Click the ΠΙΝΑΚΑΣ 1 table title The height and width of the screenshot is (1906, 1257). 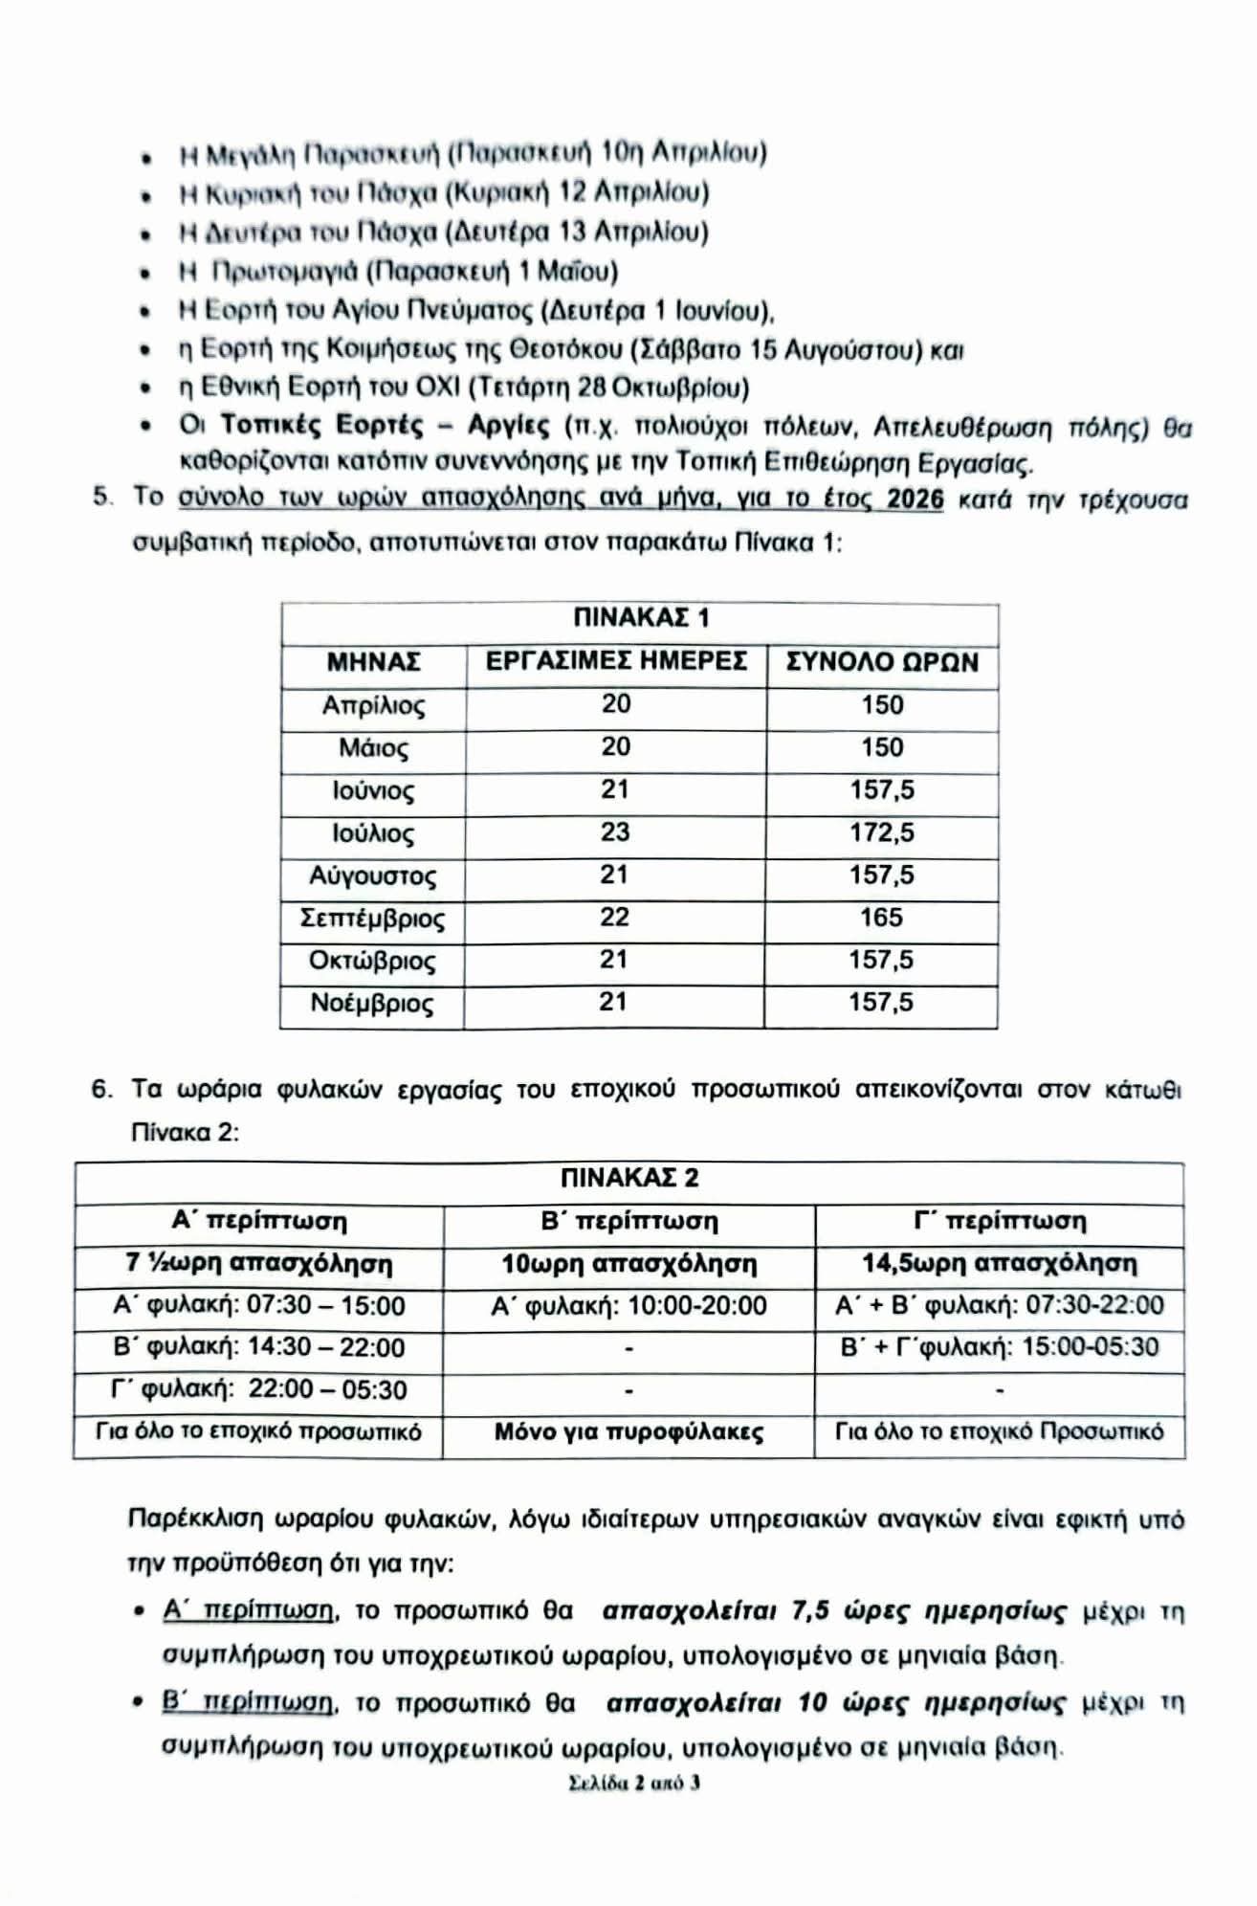[x=640, y=618]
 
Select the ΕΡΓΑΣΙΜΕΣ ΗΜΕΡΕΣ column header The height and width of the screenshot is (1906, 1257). [x=616, y=662]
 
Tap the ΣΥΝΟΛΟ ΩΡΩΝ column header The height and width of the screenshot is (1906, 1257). [x=881, y=662]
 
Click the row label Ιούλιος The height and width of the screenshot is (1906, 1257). [x=373, y=834]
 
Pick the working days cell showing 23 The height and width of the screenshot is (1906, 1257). [x=615, y=831]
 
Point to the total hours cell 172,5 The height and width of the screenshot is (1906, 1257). [x=881, y=832]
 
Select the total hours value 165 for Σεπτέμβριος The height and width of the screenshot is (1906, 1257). [x=881, y=918]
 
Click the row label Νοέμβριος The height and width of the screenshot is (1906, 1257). [x=372, y=1004]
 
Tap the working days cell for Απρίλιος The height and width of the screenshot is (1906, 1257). [x=616, y=704]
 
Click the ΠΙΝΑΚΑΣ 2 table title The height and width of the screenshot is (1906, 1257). [x=629, y=1178]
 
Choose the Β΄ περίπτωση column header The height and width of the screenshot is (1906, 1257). [x=629, y=1222]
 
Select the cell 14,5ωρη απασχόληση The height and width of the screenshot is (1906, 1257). [x=1000, y=1264]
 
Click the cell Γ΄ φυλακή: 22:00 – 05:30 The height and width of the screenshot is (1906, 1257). [x=258, y=1389]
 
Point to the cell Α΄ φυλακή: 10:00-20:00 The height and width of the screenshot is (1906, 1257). [x=629, y=1306]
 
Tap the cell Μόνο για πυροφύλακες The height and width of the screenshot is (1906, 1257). [x=629, y=1432]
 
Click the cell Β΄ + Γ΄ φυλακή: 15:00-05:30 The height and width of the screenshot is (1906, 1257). [x=1000, y=1347]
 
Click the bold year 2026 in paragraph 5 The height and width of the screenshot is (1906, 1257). [x=915, y=499]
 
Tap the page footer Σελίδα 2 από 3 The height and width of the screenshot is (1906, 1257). [x=634, y=1783]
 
